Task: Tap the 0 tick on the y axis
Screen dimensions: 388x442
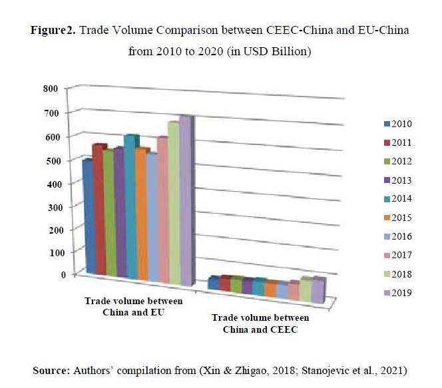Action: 64,274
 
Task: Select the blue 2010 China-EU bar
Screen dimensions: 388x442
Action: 87,216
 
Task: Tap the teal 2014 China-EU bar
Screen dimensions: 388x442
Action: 130,206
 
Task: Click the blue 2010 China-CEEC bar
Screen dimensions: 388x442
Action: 213,283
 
